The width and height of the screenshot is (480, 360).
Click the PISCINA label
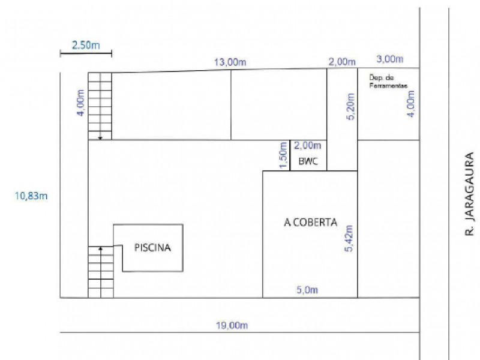[152, 247]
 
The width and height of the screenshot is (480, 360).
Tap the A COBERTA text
[310, 222]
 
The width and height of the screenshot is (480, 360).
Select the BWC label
[308, 161]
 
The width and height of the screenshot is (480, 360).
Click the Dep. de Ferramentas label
[388, 82]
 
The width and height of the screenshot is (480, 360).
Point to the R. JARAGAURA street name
[469, 194]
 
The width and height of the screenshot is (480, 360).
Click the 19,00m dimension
[232, 325]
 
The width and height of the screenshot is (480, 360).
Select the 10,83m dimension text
[31, 196]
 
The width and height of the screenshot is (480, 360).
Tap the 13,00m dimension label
[230, 62]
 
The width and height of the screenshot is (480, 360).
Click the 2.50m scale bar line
[86, 54]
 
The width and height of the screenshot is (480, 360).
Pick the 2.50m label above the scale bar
[86, 46]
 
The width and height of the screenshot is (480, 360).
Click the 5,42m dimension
[349, 238]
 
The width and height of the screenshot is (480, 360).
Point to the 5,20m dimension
[351, 107]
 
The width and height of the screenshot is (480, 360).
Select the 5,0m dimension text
[307, 290]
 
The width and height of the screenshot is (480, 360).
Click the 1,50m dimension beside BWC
[283, 155]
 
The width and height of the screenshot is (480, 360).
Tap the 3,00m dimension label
[389, 59]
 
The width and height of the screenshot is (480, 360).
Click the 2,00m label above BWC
[307, 146]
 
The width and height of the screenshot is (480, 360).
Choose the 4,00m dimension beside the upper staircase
[80, 103]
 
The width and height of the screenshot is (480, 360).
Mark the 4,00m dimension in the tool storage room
[411, 104]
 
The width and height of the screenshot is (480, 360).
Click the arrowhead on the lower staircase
[101, 248]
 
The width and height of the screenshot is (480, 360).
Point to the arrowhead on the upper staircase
[100, 139]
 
